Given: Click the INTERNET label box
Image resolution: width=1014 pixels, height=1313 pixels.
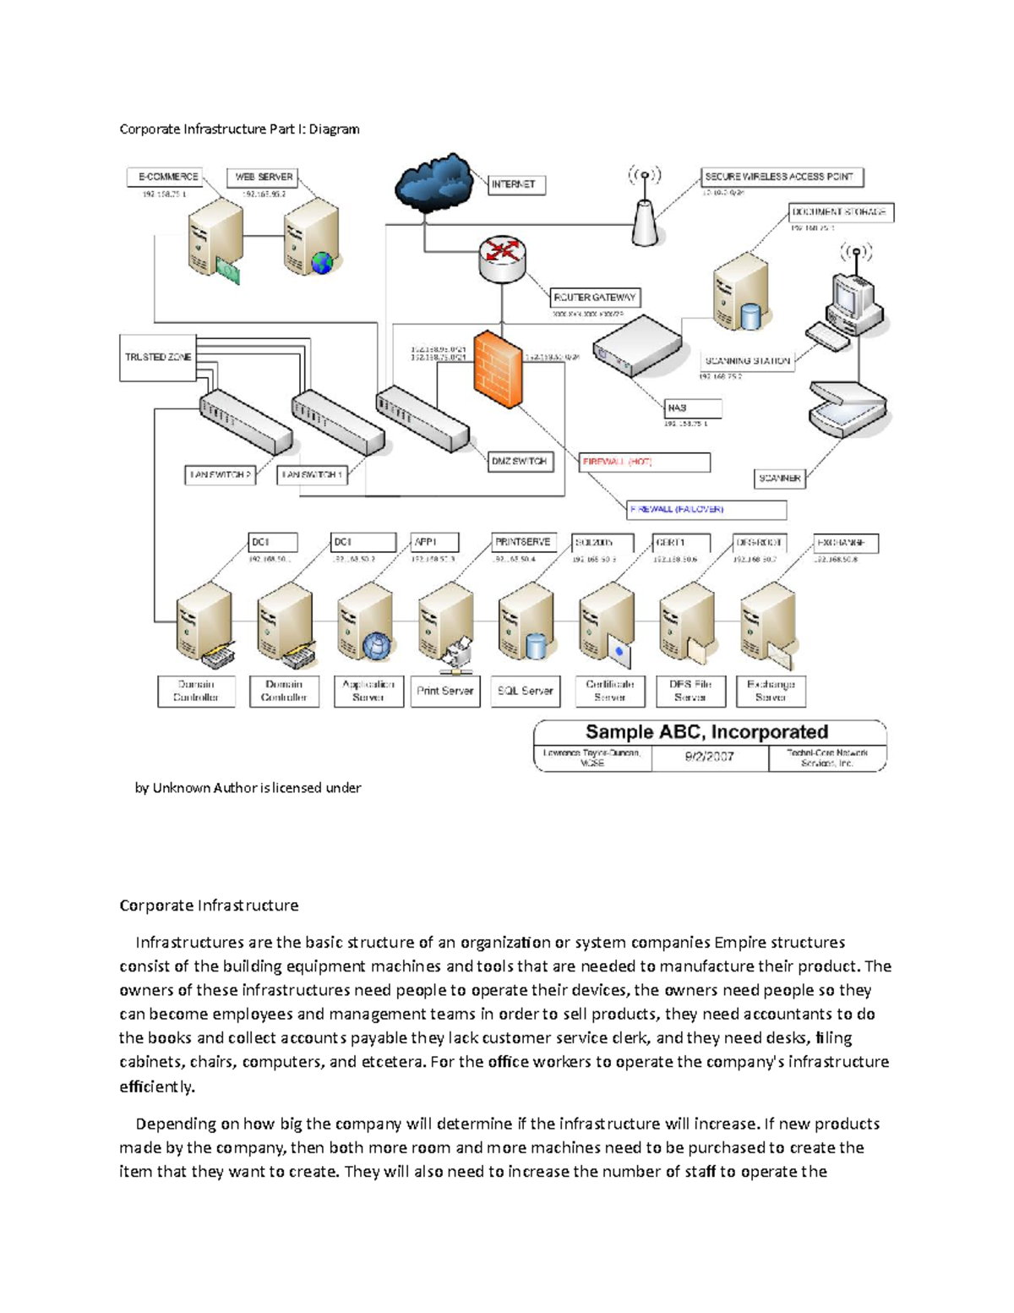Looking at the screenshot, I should (516, 184).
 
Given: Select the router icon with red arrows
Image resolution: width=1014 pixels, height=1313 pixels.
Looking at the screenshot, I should (503, 256).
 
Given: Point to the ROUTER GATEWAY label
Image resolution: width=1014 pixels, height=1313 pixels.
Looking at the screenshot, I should (595, 298).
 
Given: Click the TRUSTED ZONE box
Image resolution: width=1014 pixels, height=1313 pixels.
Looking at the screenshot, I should (158, 358).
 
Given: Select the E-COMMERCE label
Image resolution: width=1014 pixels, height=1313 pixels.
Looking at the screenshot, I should (168, 177).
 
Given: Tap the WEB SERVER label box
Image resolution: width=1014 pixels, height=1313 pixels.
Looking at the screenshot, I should (263, 177).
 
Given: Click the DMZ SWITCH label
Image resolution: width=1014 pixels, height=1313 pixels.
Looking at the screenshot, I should (520, 462).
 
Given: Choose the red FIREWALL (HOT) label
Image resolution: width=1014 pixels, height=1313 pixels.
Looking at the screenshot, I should (645, 462).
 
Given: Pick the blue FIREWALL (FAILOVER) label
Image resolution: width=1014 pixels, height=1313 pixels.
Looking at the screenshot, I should (706, 510).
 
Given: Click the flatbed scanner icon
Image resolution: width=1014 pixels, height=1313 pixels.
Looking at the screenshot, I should (848, 408).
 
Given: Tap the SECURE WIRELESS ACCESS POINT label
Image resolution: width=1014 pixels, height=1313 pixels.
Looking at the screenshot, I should (782, 177).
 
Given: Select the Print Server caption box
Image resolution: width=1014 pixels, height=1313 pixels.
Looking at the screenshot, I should (444, 691).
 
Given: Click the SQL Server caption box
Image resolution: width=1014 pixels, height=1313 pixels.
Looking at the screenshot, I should (525, 691).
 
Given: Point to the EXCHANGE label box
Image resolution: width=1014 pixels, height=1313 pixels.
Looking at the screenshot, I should (845, 543).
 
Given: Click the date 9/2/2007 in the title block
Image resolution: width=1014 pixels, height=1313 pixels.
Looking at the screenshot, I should (709, 758).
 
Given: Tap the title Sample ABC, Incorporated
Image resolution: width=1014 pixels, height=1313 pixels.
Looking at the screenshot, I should (706, 732).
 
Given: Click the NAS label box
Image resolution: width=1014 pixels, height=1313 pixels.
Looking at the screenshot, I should (693, 408).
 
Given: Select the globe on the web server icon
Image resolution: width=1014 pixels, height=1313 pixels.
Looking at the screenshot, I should (322, 262).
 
